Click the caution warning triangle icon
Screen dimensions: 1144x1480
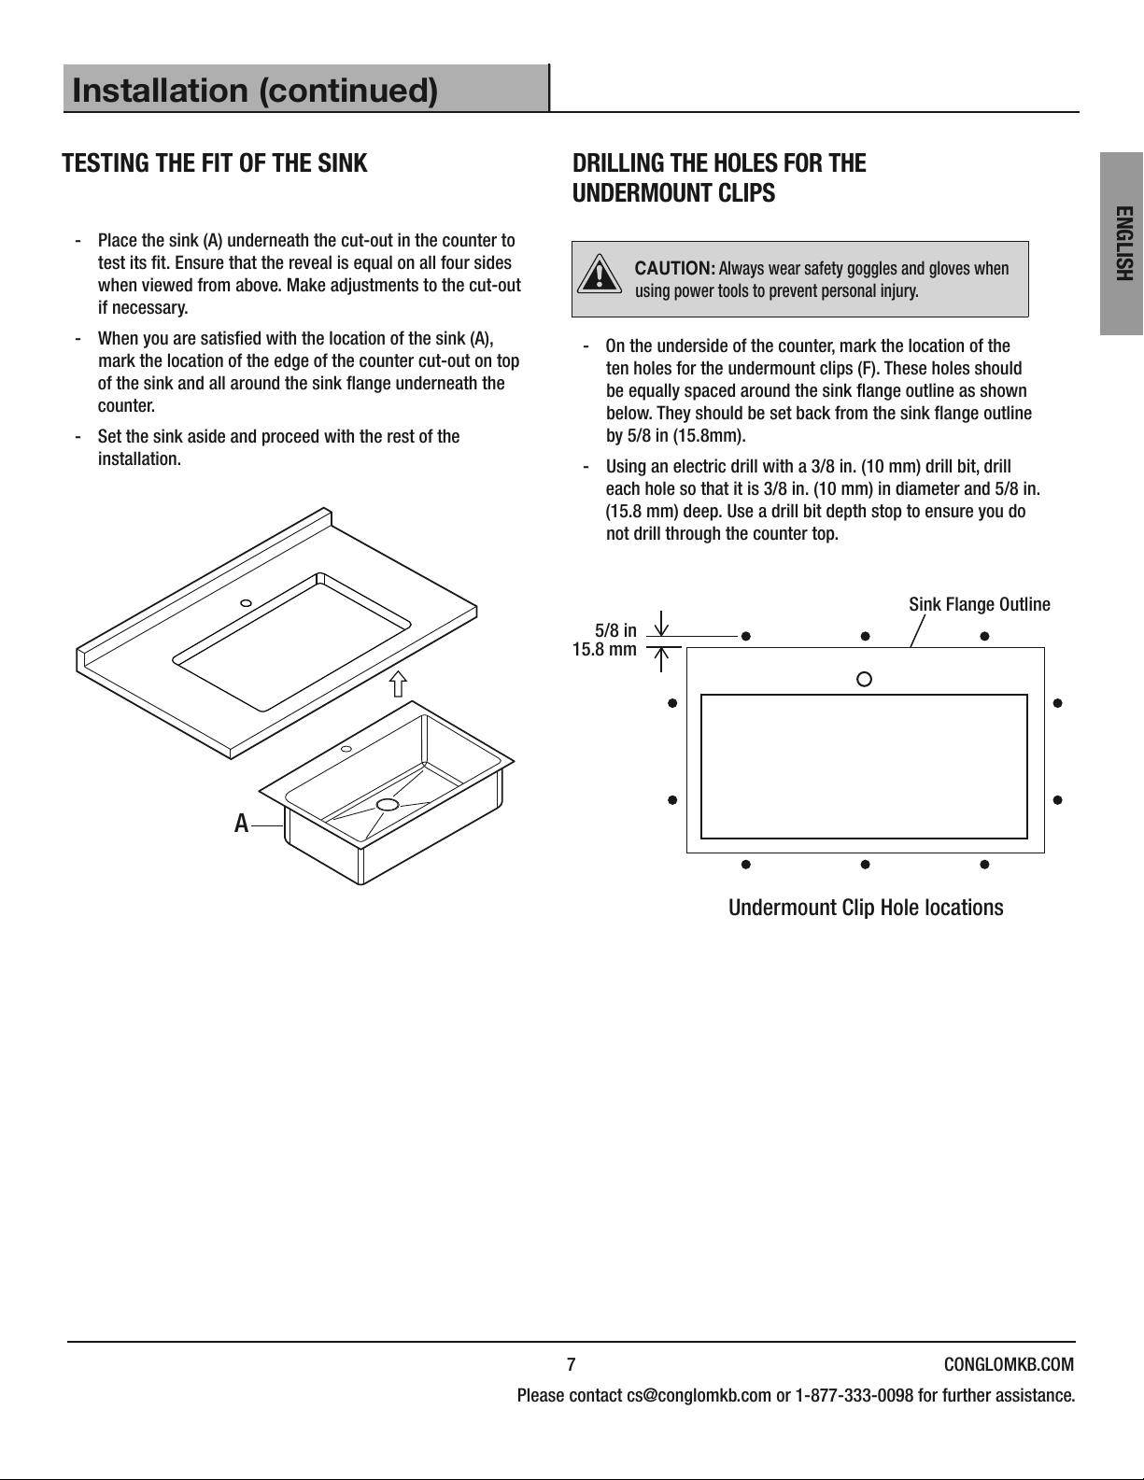[600, 274]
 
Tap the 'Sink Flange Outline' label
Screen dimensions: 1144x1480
[980, 604]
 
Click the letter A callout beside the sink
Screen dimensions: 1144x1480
[241, 825]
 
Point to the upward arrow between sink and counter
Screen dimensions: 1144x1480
[399, 684]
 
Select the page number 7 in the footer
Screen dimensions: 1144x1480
[572, 1364]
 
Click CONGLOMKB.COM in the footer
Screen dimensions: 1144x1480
[1009, 1364]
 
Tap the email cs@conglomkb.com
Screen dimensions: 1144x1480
[699, 1396]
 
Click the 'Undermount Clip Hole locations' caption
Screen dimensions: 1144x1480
[866, 908]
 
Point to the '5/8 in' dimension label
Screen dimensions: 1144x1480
[615, 630]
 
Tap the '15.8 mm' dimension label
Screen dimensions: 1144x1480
[605, 649]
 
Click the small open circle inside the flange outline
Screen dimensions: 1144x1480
[864, 679]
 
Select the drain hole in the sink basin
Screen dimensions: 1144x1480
[388, 804]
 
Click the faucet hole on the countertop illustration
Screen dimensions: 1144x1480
[246, 603]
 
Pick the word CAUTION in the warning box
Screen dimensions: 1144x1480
[674, 268]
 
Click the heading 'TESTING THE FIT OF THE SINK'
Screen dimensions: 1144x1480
[215, 163]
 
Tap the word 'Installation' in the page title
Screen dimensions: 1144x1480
[160, 91]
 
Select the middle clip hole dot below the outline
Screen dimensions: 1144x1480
[865, 865]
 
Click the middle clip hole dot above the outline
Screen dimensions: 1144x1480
[865, 636]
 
